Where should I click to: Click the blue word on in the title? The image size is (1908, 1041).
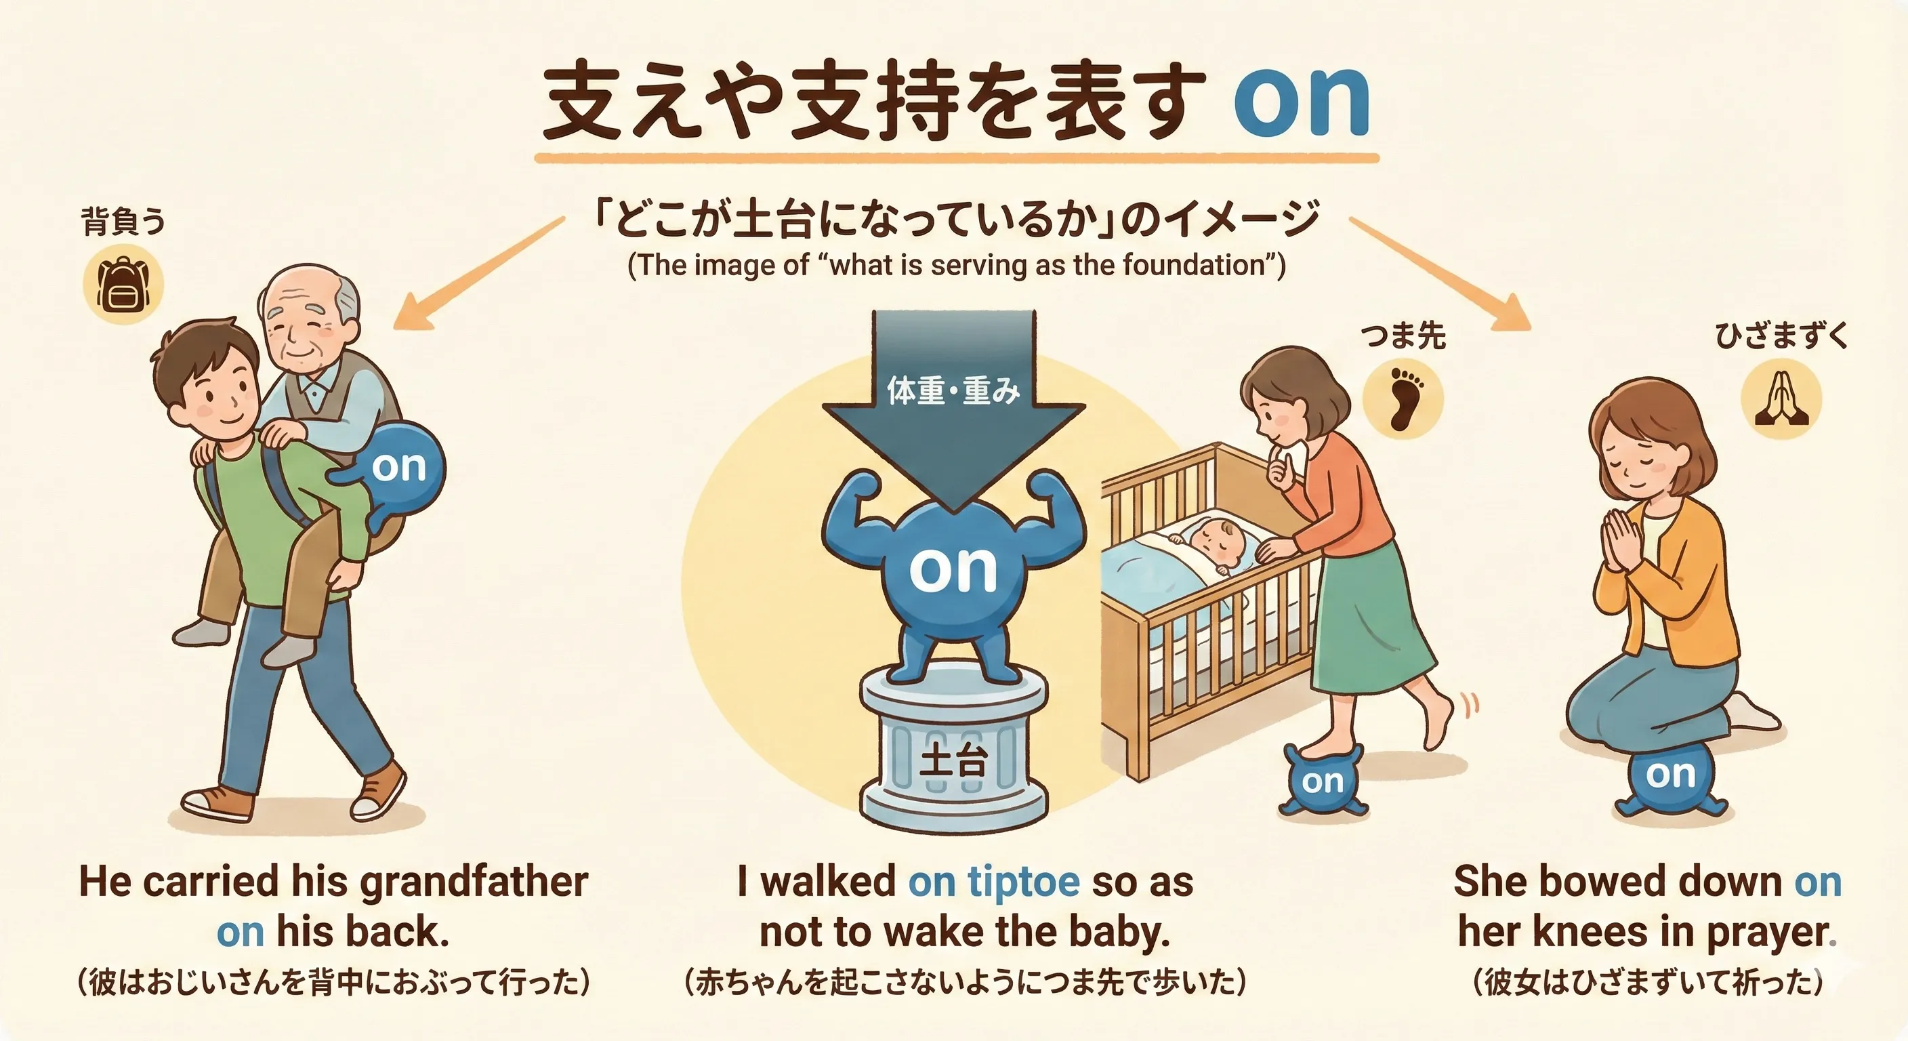pyautogui.click(x=1301, y=104)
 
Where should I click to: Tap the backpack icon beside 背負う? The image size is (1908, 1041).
pyautogui.click(x=123, y=285)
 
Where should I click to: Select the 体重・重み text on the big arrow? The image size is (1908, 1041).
pyautogui.click(x=953, y=390)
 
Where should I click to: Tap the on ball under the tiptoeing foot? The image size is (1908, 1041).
pyautogui.click(x=1323, y=781)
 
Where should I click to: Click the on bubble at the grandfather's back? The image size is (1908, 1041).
pyautogui.click(x=399, y=467)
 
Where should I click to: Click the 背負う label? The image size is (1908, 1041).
pyautogui.click(x=122, y=221)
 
